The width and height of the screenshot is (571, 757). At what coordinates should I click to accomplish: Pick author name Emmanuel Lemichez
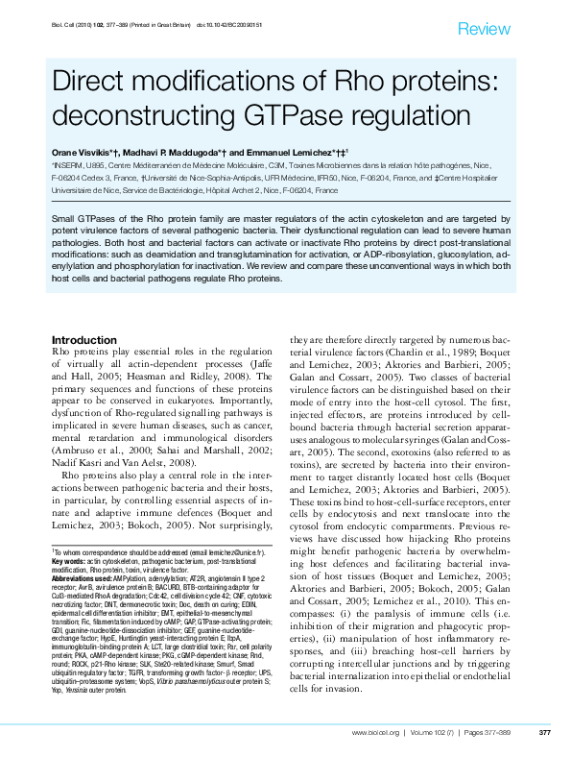pos(288,153)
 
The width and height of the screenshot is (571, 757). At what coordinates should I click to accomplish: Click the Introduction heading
pos(84,341)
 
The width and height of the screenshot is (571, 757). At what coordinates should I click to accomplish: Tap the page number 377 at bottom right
pos(544,733)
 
